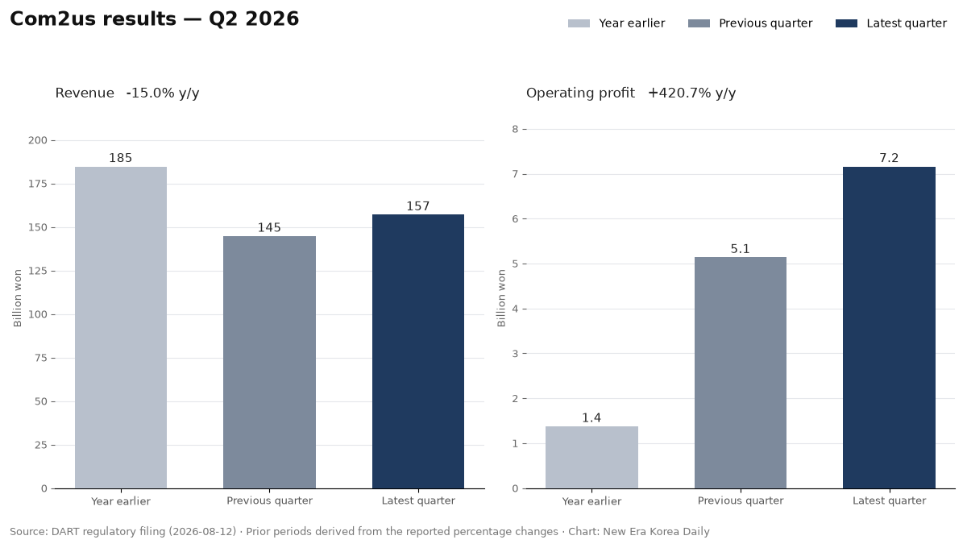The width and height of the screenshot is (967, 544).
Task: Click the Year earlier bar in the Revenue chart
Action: (121, 328)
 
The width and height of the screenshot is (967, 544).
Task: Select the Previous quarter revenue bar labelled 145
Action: (269, 362)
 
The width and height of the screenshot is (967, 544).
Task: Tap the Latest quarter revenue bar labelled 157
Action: (418, 351)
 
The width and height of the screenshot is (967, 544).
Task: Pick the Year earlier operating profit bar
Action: (591, 458)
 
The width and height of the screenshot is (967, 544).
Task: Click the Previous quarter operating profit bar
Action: (741, 373)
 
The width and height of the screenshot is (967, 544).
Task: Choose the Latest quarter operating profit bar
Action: (890, 328)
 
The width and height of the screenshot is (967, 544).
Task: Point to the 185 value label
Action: (120, 158)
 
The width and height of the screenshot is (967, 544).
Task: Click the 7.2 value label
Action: (890, 158)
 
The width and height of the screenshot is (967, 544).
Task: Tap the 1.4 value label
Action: (591, 418)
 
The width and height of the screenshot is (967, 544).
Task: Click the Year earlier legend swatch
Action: (579, 23)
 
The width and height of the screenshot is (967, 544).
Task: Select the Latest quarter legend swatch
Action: (847, 23)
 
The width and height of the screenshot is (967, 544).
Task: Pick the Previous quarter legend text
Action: (766, 23)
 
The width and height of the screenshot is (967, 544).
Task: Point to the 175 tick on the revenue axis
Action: (38, 184)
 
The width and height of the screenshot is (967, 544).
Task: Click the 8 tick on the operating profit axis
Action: (515, 129)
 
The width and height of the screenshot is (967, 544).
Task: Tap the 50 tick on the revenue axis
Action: (41, 401)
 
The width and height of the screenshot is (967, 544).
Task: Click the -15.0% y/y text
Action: (163, 93)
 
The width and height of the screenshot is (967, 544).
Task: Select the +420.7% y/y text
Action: (691, 93)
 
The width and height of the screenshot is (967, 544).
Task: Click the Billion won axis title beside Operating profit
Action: (501, 298)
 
